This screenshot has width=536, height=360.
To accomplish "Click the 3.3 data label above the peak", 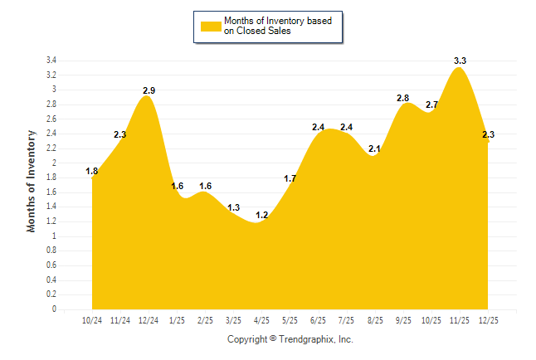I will pyautogui.click(x=460, y=61).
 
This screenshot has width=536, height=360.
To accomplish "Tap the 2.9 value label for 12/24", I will pyautogui.click(x=149, y=90).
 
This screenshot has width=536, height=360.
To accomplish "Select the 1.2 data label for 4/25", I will pyautogui.click(x=261, y=215).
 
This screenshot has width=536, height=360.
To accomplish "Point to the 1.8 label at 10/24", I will pyautogui.click(x=92, y=172).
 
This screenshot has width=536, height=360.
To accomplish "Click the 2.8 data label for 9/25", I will pyautogui.click(x=402, y=98).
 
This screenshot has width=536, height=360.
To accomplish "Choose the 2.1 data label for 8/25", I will pyautogui.click(x=374, y=149).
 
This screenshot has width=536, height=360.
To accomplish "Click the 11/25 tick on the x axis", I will pyautogui.click(x=460, y=319).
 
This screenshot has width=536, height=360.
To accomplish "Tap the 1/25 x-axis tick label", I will pyautogui.click(x=177, y=319).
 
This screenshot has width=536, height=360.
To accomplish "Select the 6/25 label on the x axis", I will pyautogui.click(x=318, y=319).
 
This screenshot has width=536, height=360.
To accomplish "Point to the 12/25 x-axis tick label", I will pyautogui.click(x=488, y=319).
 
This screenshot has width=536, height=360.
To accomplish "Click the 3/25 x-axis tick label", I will pyautogui.click(x=233, y=319).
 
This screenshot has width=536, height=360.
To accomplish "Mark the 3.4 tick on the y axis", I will pyautogui.click(x=51, y=61).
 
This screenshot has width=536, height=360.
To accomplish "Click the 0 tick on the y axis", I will pyautogui.click(x=54, y=309).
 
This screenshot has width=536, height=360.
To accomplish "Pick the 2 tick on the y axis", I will pyautogui.click(x=54, y=163).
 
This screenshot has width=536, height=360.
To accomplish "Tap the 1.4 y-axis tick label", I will pyautogui.click(x=51, y=207).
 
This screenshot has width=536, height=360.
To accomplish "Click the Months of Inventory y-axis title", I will pyautogui.click(x=32, y=180).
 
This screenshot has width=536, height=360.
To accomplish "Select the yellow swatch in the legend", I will pyautogui.click(x=210, y=27).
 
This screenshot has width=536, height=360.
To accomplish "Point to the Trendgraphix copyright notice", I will pyautogui.click(x=290, y=339).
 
